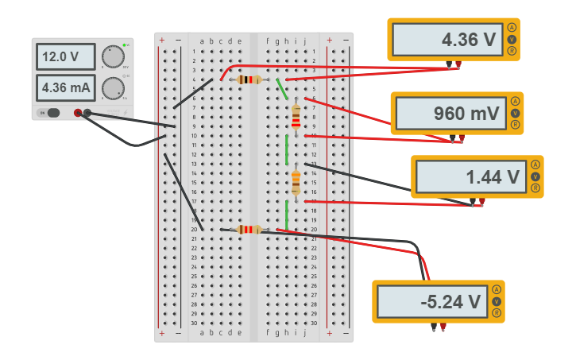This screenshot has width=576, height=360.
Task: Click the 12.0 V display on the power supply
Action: point(65,57)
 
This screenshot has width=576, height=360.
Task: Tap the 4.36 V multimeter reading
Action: point(447,40)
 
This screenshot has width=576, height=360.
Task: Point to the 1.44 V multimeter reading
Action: point(470,177)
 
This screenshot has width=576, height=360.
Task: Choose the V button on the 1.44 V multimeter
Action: point(535,176)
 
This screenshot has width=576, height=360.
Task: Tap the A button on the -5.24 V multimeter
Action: point(497,289)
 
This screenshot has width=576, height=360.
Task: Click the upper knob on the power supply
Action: point(114,56)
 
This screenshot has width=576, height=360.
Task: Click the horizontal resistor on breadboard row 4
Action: point(249,79)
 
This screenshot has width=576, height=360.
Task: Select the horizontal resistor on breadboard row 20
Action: point(249,230)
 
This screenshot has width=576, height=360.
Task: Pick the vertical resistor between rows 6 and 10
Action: point(296,117)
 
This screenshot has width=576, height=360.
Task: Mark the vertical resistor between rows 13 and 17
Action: point(296,182)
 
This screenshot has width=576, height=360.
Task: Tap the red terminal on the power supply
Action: point(78,113)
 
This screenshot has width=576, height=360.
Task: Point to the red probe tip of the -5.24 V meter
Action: point(443,327)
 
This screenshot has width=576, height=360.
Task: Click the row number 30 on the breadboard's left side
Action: point(194,323)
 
